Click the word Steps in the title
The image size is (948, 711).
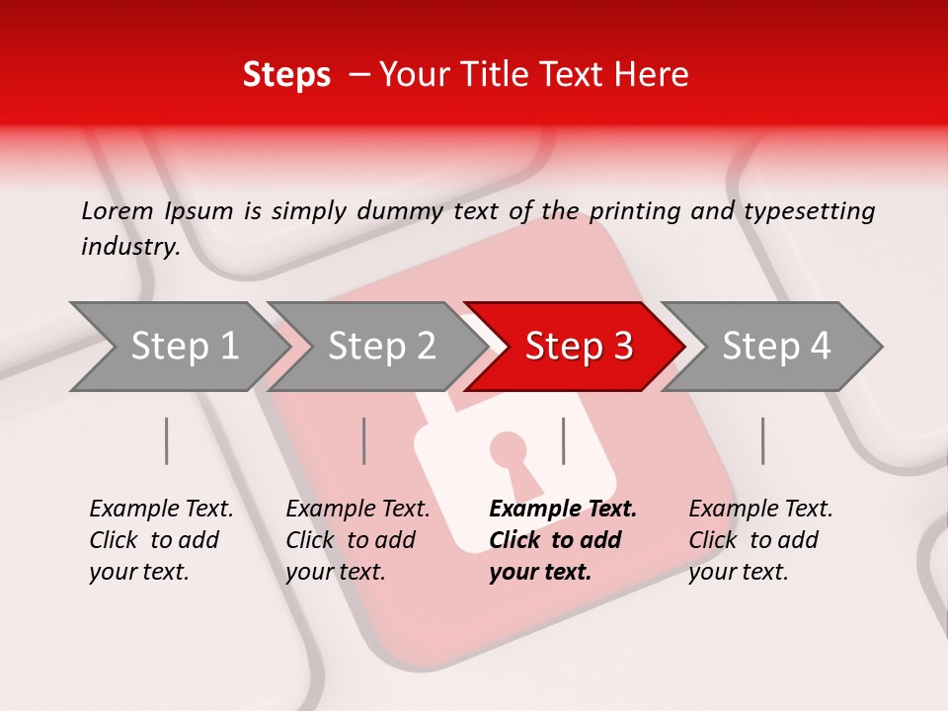click(286, 75)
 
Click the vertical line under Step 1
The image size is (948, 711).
click(167, 440)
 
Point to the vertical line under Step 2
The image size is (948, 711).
click(364, 440)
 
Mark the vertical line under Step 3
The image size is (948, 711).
click(564, 440)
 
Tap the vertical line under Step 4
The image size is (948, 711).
click(763, 440)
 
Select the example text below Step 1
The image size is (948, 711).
click(161, 540)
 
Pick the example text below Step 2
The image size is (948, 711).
click(357, 540)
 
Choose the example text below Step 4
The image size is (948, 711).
click(760, 540)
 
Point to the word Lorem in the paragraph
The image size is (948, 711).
click(118, 210)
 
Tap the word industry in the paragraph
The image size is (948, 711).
click(130, 246)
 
